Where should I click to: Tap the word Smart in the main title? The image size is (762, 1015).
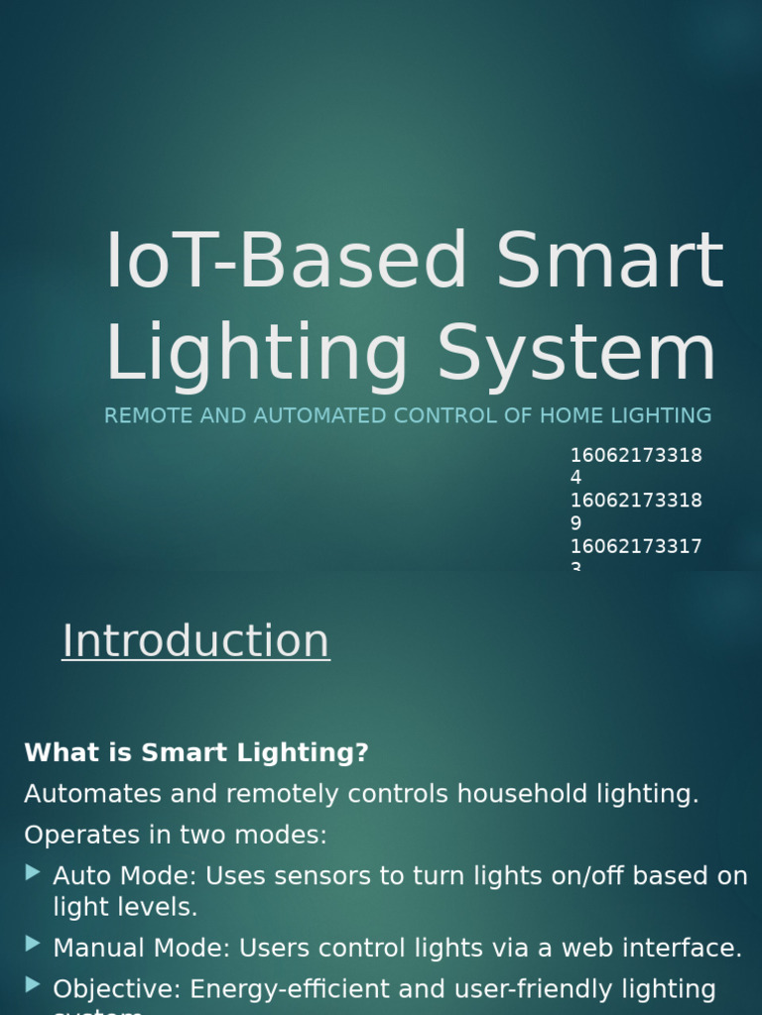tap(610, 262)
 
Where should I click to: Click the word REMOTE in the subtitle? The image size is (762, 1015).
tap(149, 416)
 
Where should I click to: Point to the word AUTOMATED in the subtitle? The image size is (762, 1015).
tap(319, 416)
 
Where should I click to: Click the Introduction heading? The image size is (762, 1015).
tap(195, 641)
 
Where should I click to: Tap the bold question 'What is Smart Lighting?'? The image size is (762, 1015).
tap(196, 753)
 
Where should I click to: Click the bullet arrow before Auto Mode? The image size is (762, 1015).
tap(34, 872)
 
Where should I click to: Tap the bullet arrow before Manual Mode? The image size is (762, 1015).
tap(34, 944)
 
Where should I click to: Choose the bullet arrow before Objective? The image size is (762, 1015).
tap(34, 984)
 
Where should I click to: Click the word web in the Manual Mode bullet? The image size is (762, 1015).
tap(589, 949)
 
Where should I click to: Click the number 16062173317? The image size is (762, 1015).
tap(635, 546)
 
